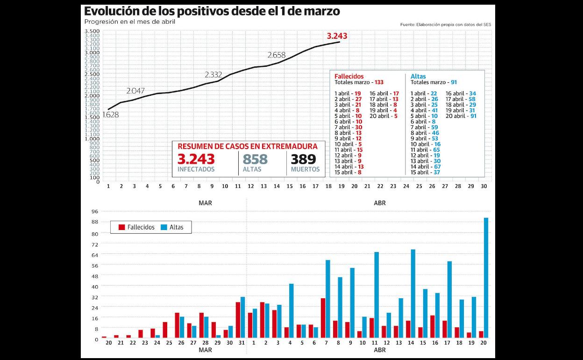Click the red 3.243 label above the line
[x=337, y=36]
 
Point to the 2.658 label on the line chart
[x=277, y=55]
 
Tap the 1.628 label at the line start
[x=110, y=115]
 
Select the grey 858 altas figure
[x=255, y=159]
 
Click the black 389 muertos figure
[x=304, y=159]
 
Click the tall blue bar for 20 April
[x=486, y=278]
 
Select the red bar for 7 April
[x=323, y=318]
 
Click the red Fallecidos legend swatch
[x=121, y=227]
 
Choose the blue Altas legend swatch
[x=164, y=227]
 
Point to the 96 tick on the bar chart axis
[x=95, y=211]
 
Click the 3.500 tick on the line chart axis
[x=92, y=31]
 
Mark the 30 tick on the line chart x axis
[x=483, y=186]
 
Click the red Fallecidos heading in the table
[x=349, y=76]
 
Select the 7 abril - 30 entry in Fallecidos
[x=348, y=127]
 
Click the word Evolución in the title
[x=113, y=11]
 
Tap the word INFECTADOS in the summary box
[x=196, y=169]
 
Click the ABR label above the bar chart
[x=380, y=203]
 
